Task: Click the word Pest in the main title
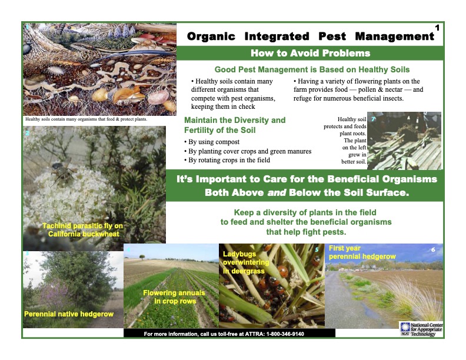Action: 332,36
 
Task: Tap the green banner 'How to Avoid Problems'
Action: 310,53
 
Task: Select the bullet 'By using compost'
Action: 212,142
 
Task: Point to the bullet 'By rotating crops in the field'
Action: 227,160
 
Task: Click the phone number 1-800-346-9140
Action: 285,334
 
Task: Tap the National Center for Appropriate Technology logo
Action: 421,329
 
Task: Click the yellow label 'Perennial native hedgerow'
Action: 69,314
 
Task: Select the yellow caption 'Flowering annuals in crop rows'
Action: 174,296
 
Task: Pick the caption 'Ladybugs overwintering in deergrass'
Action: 246,262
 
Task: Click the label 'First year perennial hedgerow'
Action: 362,252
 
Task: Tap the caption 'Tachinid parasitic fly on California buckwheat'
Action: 82,230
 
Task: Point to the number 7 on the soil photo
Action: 373,119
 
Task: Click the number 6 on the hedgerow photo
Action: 433,250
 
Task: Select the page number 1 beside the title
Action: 437,28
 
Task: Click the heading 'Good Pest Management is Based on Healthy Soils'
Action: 312,69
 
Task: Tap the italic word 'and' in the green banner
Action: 277,192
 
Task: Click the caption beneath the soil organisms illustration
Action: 86,119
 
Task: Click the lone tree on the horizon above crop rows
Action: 142,256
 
